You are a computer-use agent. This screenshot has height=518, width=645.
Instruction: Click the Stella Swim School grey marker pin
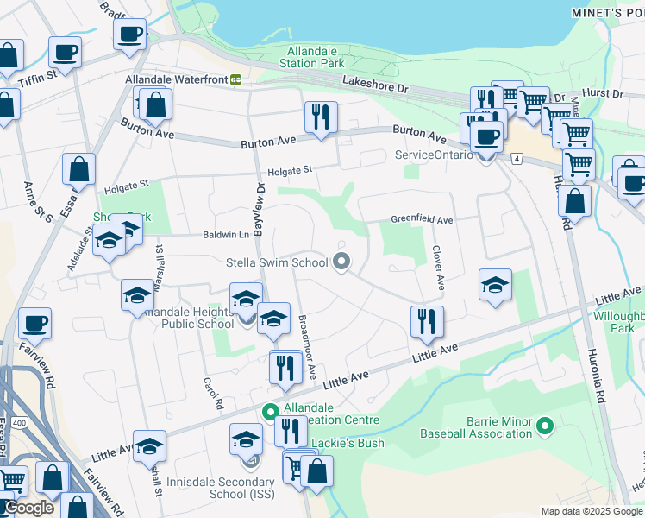coord(341,262)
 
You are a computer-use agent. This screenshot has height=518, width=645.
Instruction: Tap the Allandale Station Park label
coord(316,57)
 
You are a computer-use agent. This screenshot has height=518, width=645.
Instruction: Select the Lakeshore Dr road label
coord(374,87)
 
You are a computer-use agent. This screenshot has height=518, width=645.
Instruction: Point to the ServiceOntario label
coord(434,155)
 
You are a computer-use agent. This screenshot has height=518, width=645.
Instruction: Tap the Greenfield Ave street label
coord(422,220)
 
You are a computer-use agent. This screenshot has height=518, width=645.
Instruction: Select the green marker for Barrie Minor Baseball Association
coord(544,426)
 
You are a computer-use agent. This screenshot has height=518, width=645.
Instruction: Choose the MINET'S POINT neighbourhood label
coord(607,12)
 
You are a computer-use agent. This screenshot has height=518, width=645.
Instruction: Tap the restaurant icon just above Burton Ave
coord(321,117)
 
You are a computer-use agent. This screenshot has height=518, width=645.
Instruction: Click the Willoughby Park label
coord(618,322)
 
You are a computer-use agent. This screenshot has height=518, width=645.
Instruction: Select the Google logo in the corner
coord(28,509)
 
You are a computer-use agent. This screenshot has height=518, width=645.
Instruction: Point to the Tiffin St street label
coord(39,75)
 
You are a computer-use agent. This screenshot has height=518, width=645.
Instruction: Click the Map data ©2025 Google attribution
coord(591,511)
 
